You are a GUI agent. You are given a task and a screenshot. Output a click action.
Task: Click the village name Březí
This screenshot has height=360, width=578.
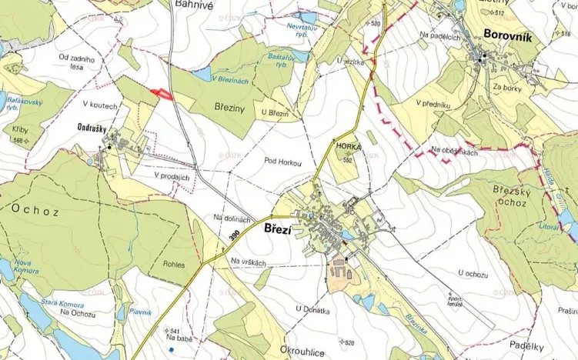(x=281, y=229)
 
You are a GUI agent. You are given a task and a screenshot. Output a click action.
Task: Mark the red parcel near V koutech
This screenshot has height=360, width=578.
(x=161, y=93)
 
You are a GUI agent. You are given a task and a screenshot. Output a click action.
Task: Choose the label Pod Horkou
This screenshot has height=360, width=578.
(x=282, y=162)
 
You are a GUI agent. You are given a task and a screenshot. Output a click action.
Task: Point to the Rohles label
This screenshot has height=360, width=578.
(x=174, y=265)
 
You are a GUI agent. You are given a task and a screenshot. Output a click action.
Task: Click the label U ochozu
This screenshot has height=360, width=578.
(x=473, y=272)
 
